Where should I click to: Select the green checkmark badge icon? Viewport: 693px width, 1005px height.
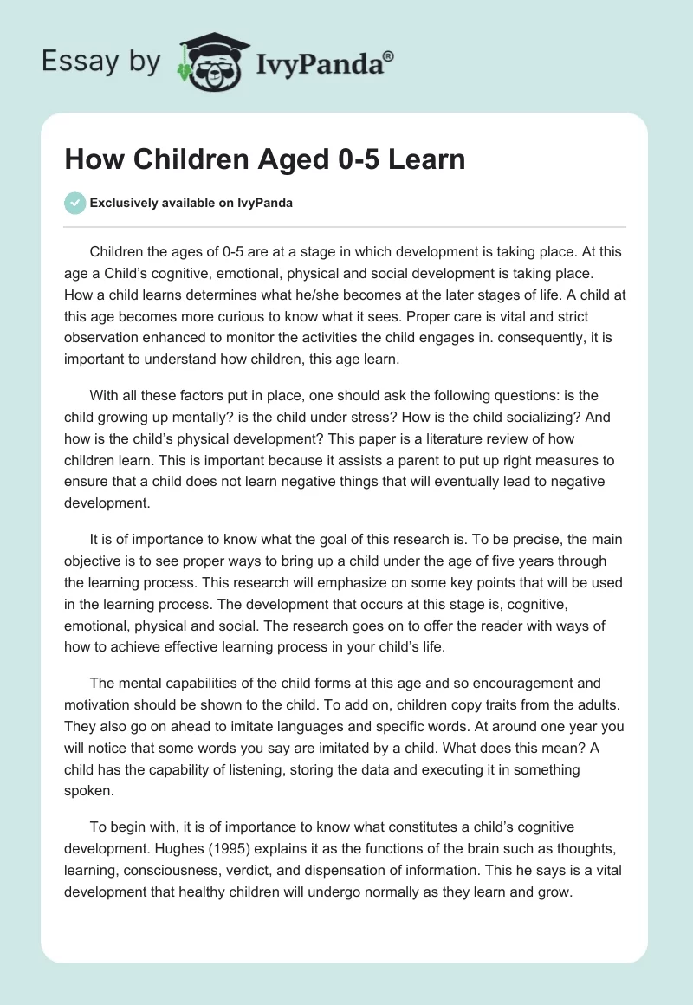point(74,203)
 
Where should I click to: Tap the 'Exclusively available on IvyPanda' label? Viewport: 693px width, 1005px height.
point(191,203)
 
